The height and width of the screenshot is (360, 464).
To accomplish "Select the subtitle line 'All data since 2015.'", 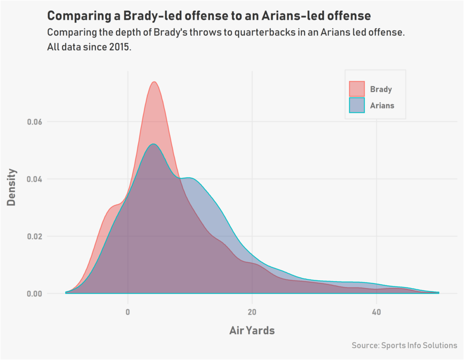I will [89, 47].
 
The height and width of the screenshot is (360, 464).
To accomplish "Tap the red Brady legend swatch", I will [357, 89].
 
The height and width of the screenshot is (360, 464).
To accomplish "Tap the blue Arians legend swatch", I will [357, 106].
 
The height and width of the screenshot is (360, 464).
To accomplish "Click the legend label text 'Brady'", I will [381, 89].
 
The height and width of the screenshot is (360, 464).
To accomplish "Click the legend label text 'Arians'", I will [382, 106].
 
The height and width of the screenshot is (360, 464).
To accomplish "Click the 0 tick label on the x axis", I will [128, 312].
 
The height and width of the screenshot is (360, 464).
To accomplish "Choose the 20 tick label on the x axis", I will [252, 312].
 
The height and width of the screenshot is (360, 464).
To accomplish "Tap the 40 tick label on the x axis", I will [376, 312].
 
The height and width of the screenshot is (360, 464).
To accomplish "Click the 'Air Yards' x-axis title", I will [252, 331].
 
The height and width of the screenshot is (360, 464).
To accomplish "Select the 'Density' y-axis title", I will [12, 187].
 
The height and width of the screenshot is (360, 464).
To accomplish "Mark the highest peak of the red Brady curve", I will [154, 82].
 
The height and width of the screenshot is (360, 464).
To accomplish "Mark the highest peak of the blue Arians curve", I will [154, 144].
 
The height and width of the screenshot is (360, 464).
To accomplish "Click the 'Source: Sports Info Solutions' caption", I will [404, 346].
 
